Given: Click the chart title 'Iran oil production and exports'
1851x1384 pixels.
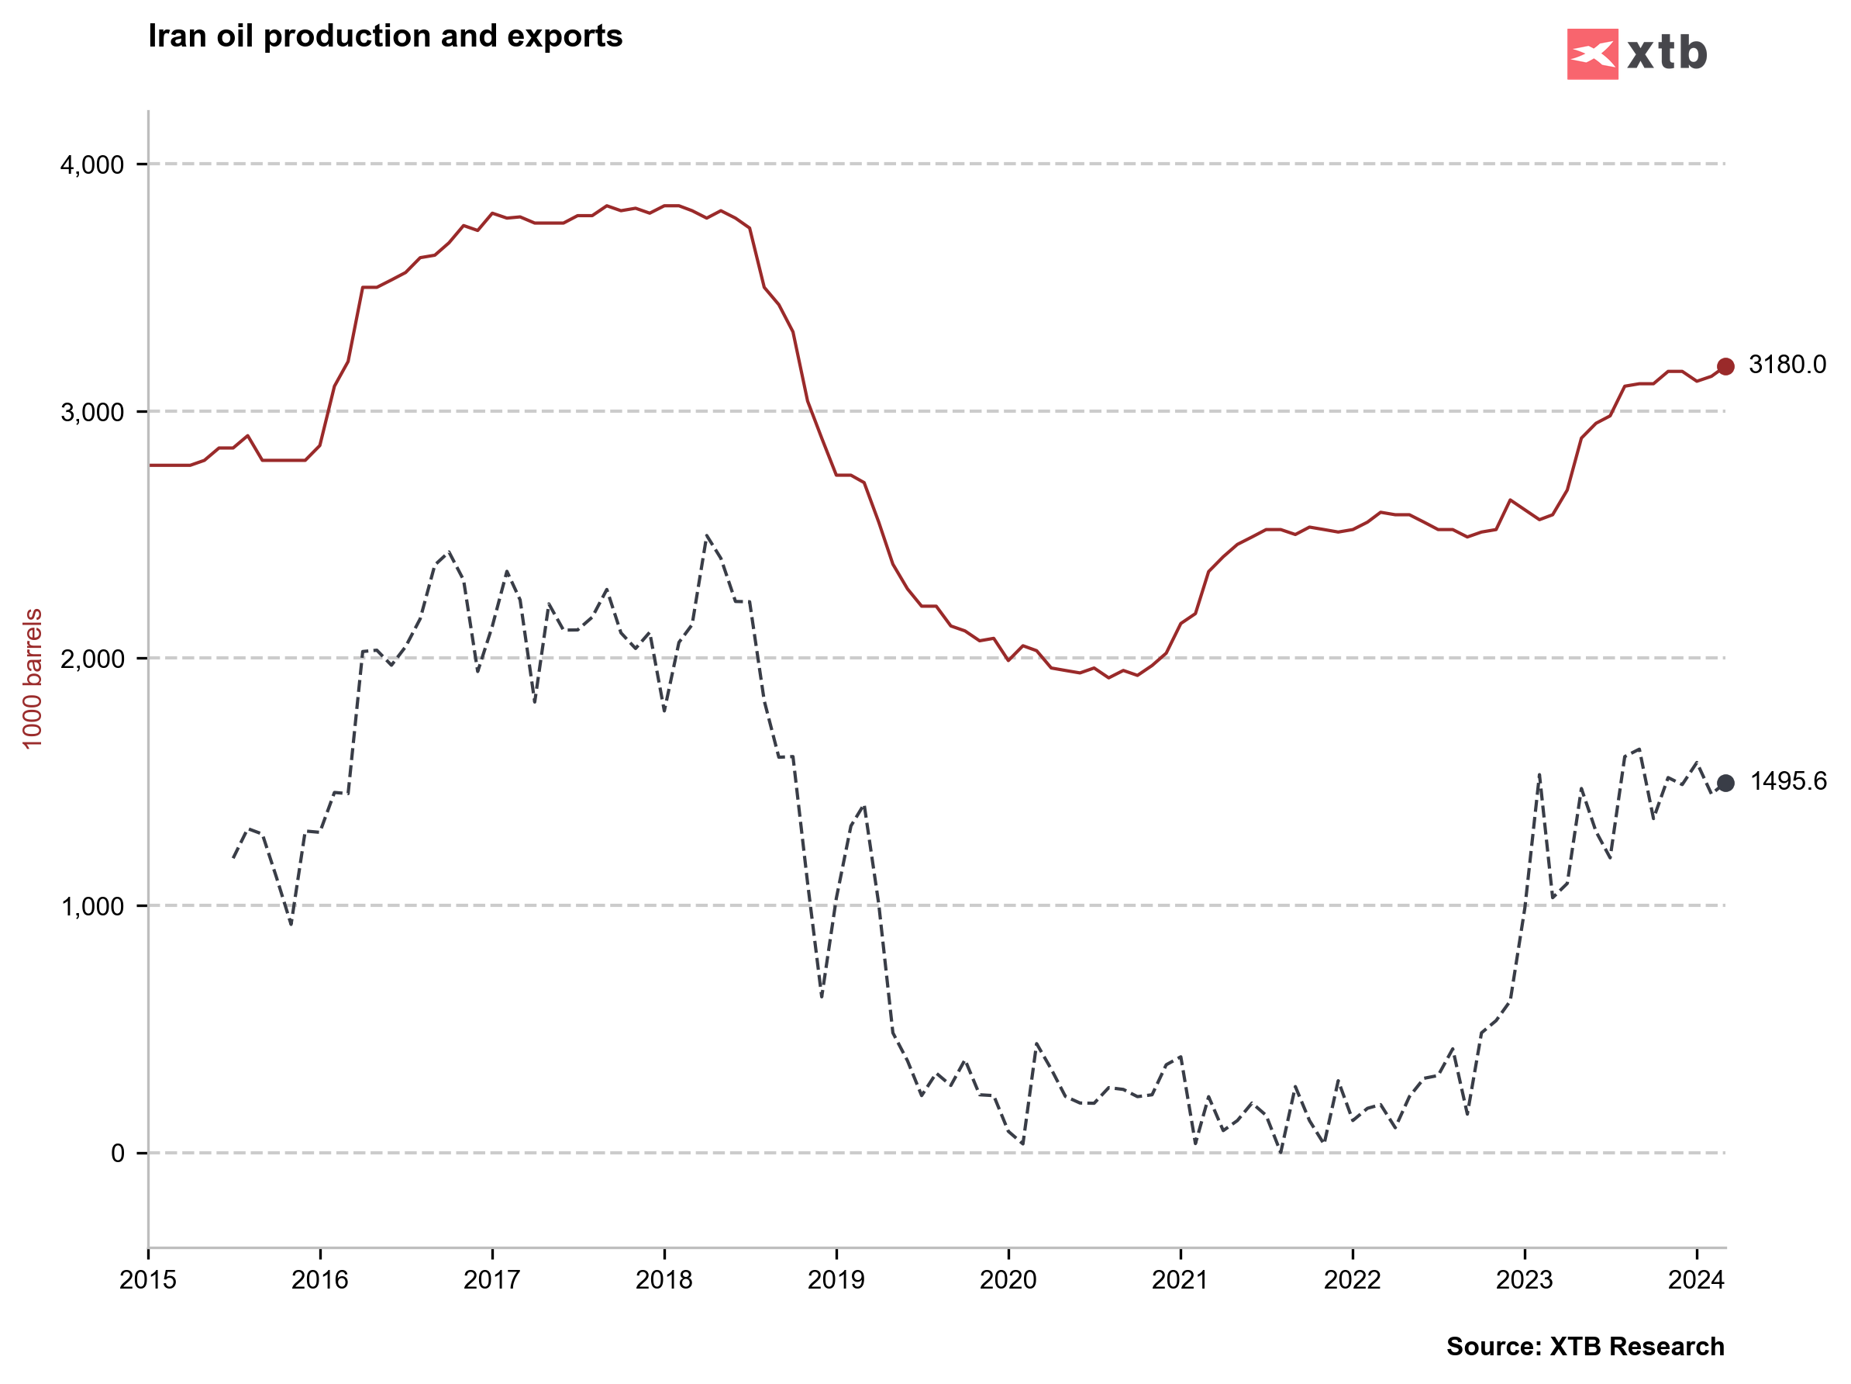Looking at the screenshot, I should [x=385, y=36].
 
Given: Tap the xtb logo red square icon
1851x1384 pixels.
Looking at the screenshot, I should [x=1591, y=54].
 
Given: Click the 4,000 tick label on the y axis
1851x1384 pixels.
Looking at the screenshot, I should [x=92, y=165].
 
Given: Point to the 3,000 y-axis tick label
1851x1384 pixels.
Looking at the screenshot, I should [x=92, y=412].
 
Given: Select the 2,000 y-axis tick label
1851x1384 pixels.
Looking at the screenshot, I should [x=92, y=659].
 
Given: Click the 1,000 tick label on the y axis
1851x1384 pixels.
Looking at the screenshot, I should [x=92, y=906].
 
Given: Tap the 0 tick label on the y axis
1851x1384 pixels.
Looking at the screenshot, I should [x=117, y=1153].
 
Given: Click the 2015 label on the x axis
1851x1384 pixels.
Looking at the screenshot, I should [x=148, y=1280].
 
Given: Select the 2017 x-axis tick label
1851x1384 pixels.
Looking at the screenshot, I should [x=492, y=1280].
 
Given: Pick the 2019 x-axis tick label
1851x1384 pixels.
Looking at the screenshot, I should [x=836, y=1280].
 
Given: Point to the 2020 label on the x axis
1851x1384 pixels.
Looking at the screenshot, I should [x=1008, y=1280].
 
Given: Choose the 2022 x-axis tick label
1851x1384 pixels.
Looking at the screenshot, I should [x=1353, y=1280].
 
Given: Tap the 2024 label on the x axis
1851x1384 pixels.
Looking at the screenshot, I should [x=1696, y=1280].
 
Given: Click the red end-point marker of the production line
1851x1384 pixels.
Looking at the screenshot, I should [x=1725, y=366].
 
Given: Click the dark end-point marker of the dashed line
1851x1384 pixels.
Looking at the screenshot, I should [x=1725, y=783].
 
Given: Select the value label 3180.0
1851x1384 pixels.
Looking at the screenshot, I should [x=1787, y=365].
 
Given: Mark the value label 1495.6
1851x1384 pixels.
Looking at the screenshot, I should [x=1788, y=782].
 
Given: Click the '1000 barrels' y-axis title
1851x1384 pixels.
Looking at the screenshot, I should [x=32, y=678].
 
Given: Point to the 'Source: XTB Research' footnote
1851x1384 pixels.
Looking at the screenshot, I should [x=1585, y=1346].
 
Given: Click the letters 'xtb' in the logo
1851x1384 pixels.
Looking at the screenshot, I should [x=1666, y=54].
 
